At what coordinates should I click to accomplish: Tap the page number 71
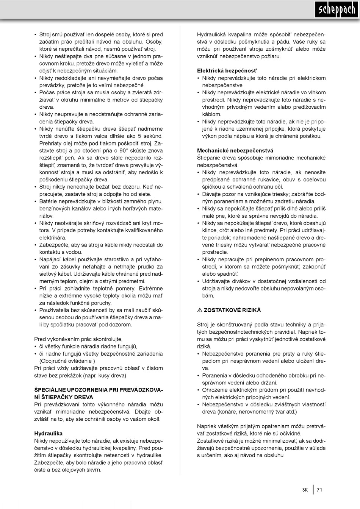319,490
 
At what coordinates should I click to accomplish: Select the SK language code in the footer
305,490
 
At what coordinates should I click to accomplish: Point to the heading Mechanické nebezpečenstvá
235,150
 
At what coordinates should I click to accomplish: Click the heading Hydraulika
49,433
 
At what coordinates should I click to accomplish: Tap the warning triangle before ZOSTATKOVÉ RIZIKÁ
200,310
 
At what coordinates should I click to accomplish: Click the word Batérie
49,201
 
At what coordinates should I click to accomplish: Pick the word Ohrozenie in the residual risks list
215,390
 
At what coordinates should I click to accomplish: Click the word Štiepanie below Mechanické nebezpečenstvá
210,158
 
